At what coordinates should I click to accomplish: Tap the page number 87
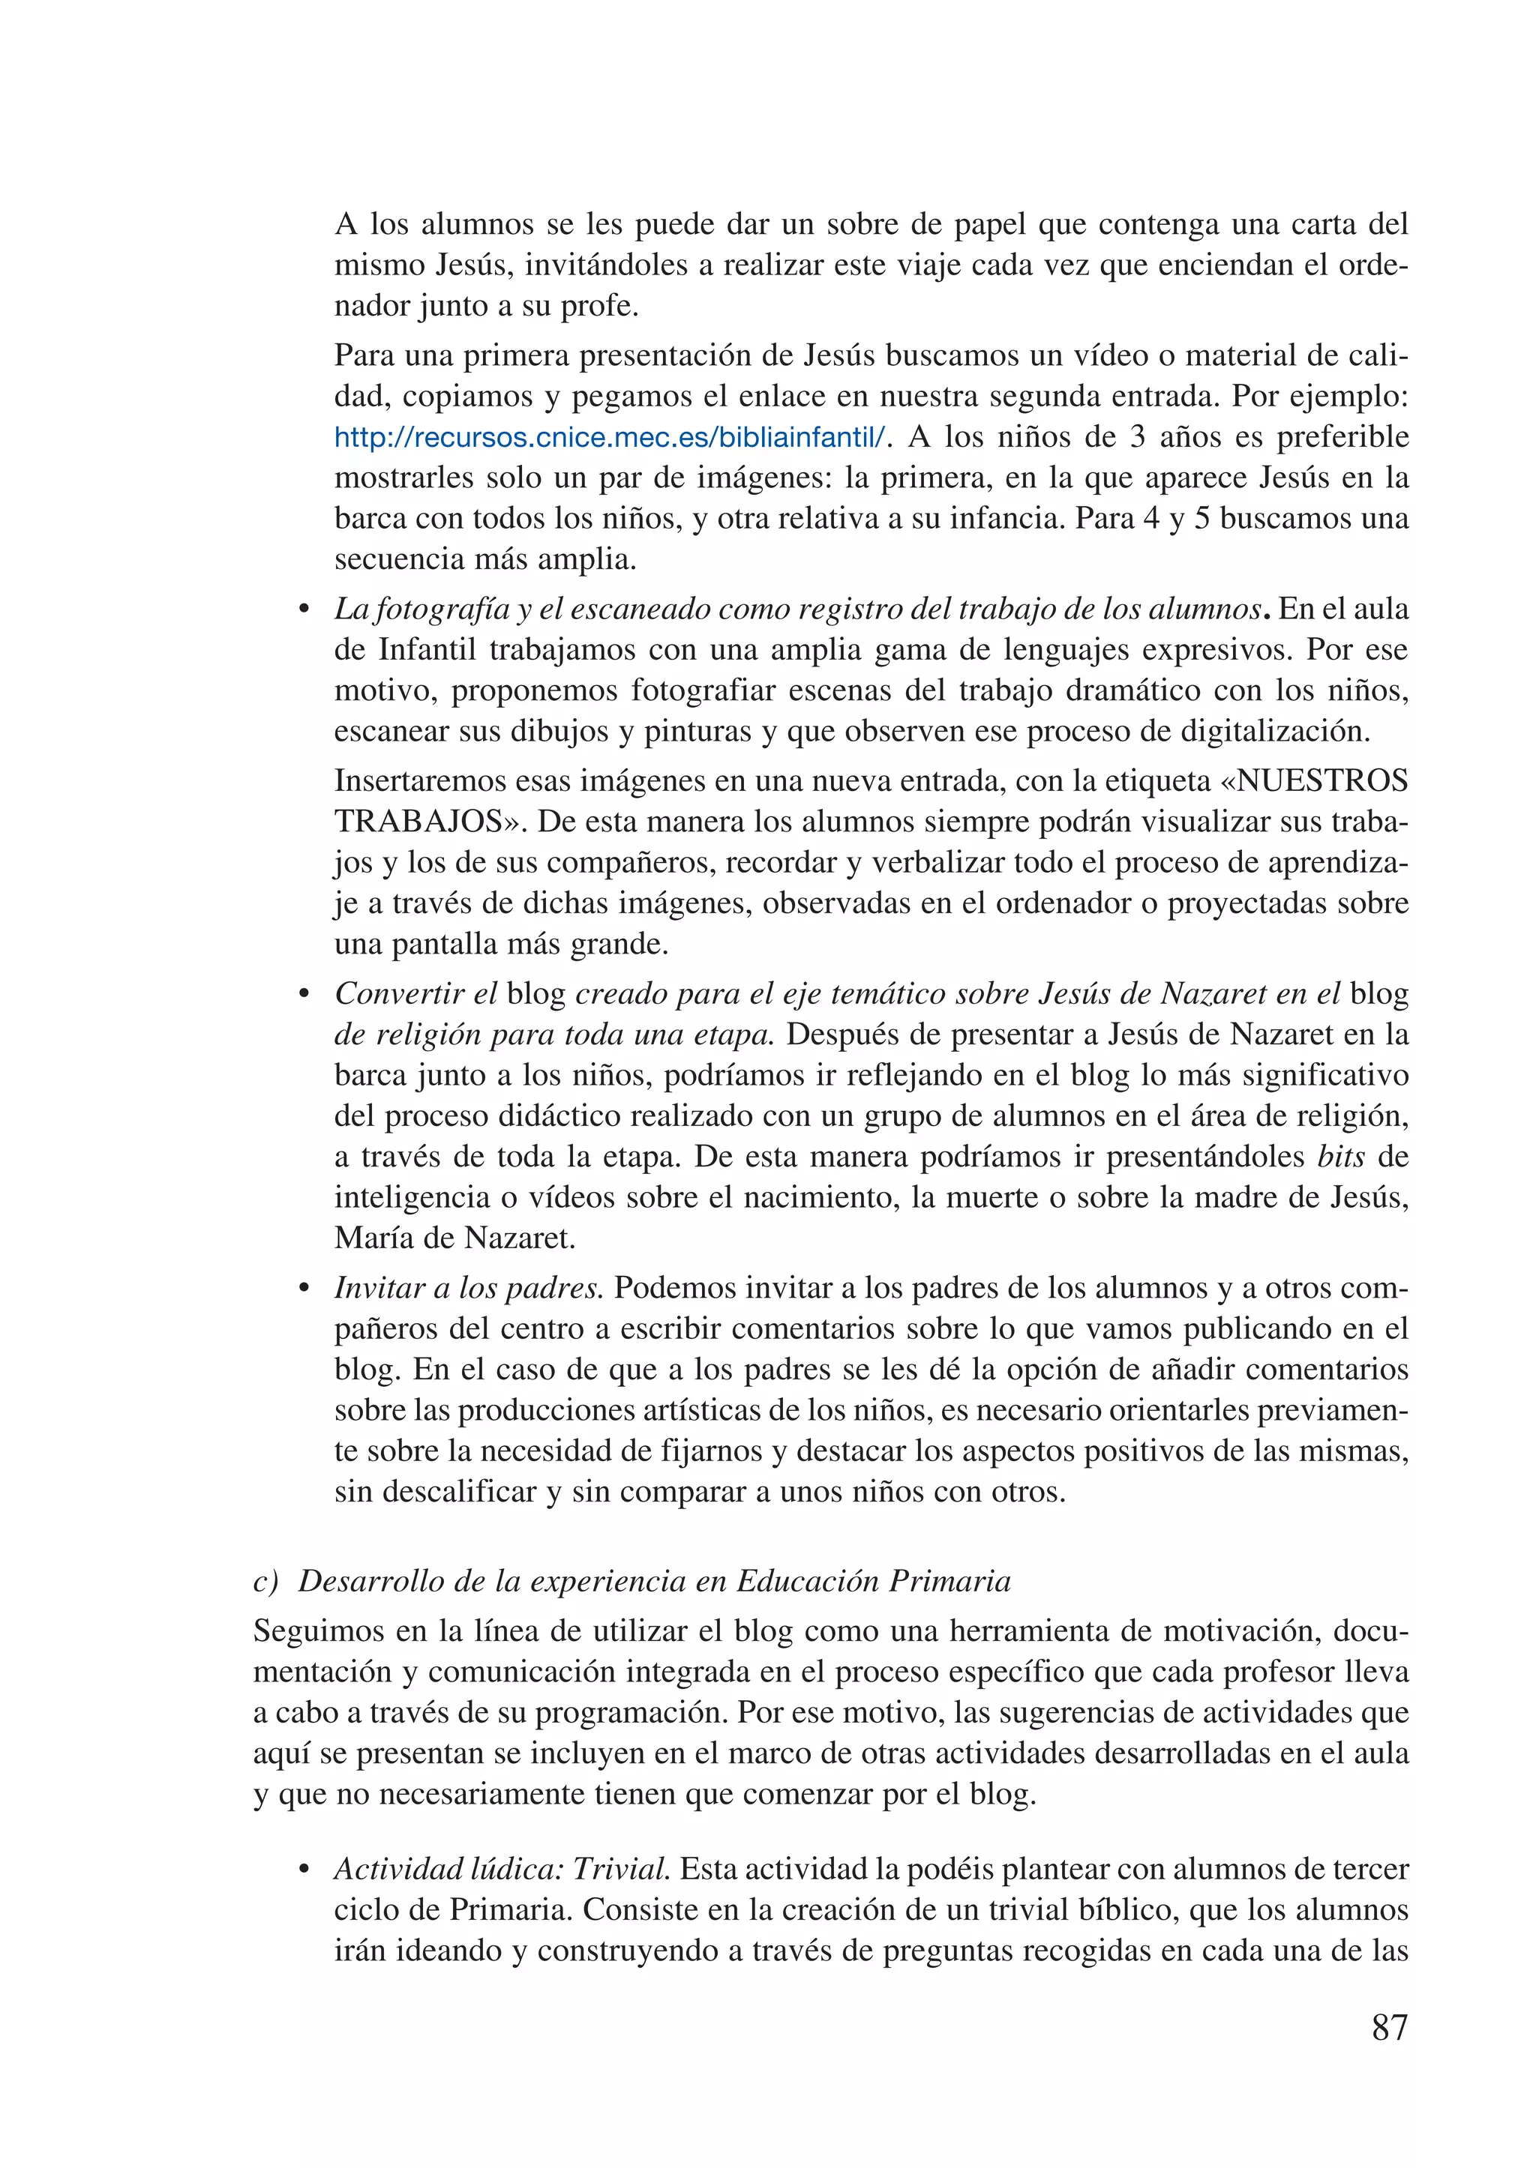pyautogui.click(x=1388, y=2028)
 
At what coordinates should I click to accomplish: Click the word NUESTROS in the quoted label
pyautogui.click(x=1322, y=781)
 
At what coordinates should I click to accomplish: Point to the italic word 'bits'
pyautogui.click(x=1341, y=1156)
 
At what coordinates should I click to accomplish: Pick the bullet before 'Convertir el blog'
pyautogui.click(x=304, y=995)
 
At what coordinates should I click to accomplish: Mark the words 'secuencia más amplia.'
pyautogui.click(x=485, y=558)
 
